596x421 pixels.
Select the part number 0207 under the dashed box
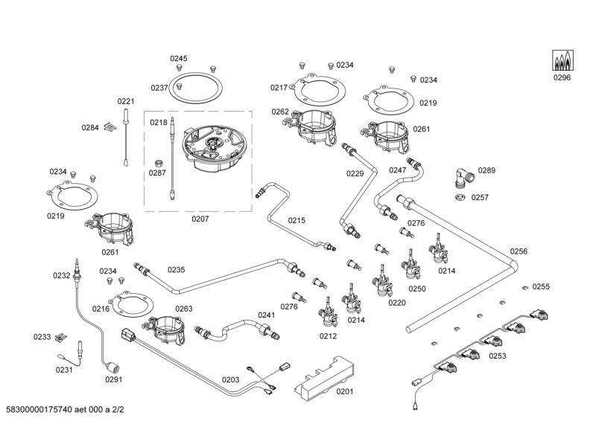(200, 219)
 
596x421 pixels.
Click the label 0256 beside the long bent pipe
(519, 251)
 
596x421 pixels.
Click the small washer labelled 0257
(460, 197)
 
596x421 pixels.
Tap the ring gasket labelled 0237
(195, 87)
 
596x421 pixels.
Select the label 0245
(179, 59)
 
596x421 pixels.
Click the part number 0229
(355, 173)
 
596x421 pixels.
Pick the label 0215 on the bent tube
(297, 220)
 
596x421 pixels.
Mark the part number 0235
(176, 270)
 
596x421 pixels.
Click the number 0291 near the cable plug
(113, 379)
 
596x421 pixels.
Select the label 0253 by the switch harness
(497, 356)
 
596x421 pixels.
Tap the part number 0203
(230, 379)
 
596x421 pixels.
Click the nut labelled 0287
(158, 162)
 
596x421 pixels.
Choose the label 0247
(398, 170)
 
